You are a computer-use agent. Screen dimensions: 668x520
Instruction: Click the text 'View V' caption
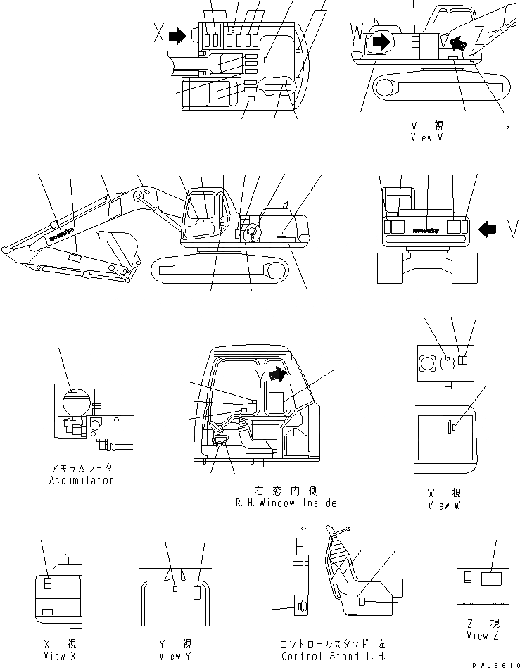coord(426,138)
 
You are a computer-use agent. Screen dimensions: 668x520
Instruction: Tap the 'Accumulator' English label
coord(81,480)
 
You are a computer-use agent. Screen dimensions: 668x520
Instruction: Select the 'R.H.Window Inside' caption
coord(286,503)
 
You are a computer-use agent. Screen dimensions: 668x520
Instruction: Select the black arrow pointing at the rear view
coord(488,227)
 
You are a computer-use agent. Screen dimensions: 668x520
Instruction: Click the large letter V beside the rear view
coord(513,227)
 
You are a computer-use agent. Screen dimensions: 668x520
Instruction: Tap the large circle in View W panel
coord(427,363)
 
